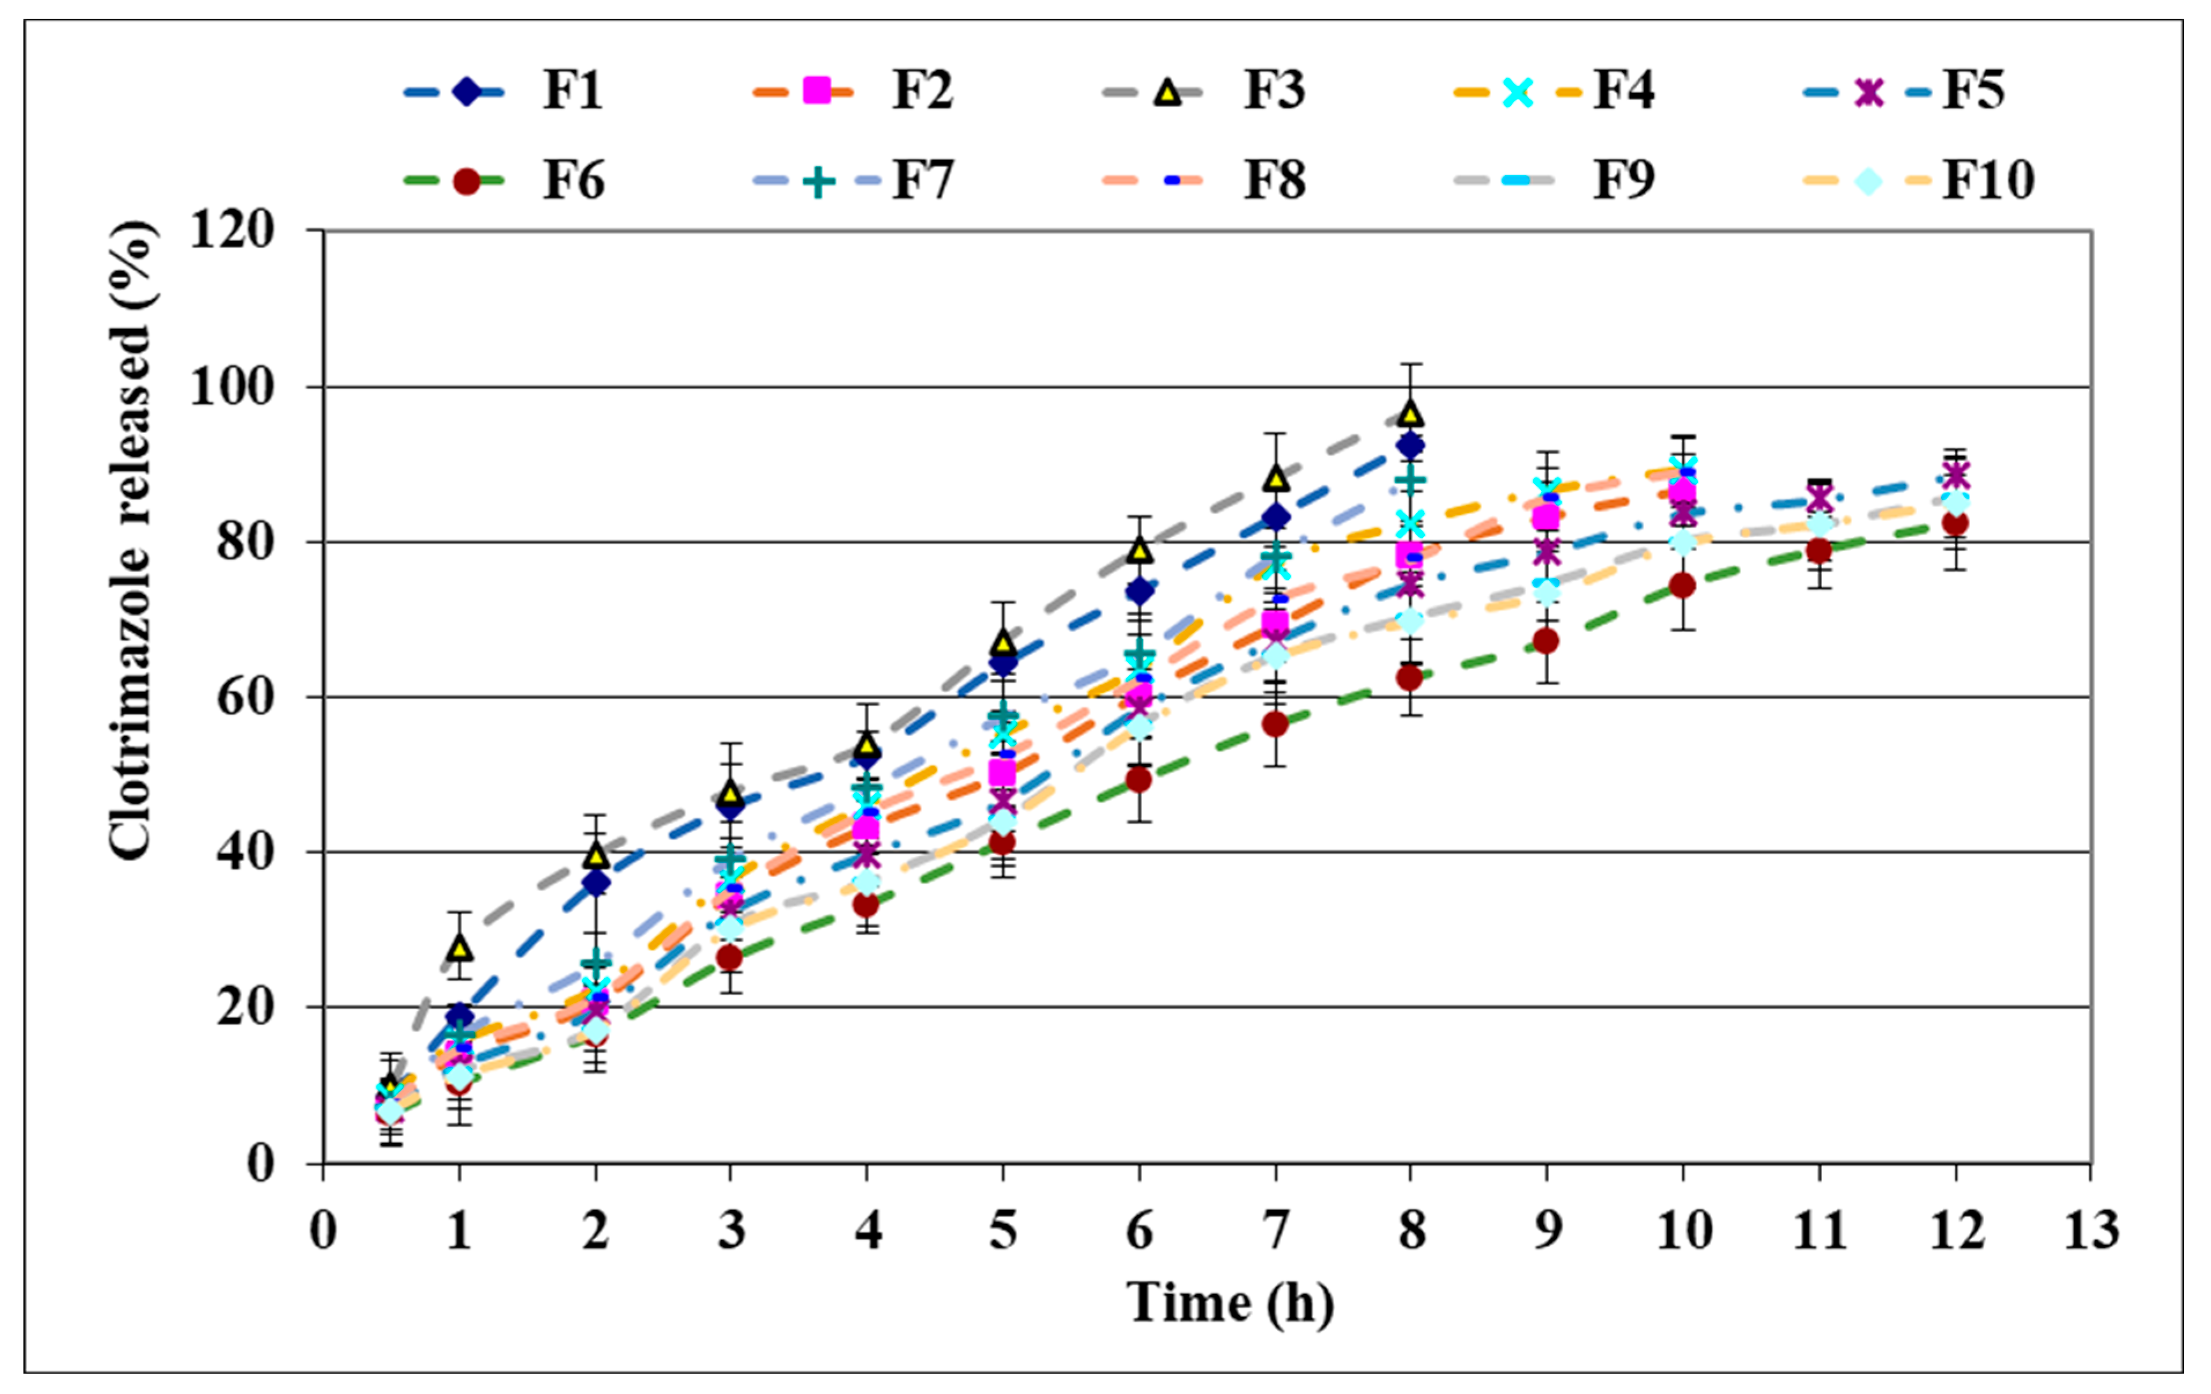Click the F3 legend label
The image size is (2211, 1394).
pos(1274,91)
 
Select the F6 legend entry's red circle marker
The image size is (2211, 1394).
pos(467,181)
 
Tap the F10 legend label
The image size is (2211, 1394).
pos(1988,181)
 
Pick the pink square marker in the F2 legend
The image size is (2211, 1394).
pos(816,91)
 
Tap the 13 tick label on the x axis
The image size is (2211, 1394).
pos(2091,1230)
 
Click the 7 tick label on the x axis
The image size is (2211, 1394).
pos(1275,1230)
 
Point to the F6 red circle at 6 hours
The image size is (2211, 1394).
pos(1138,779)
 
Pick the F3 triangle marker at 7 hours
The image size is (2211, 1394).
pos(1275,478)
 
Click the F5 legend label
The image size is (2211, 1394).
pos(1972,91)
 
